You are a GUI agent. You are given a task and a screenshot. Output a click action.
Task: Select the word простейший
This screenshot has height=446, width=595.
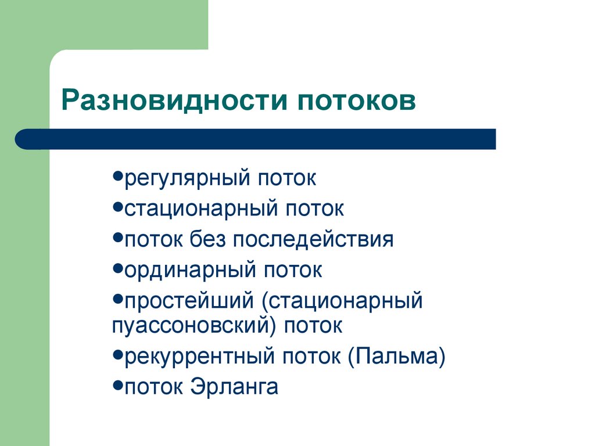coord(188,301)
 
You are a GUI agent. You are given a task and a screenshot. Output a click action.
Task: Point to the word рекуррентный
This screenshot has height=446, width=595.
coord(195,356)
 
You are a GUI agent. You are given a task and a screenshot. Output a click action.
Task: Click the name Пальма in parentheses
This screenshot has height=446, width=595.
coord(397,356)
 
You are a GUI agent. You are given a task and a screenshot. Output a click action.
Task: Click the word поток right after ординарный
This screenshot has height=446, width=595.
coord(293,270)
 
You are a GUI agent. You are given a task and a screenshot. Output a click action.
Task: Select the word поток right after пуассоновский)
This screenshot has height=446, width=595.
coord(314,325)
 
